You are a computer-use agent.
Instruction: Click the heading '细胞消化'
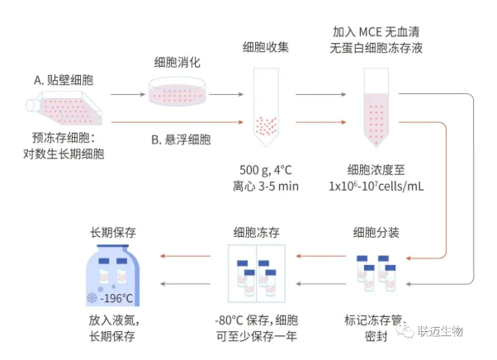177,63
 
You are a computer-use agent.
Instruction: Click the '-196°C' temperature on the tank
117,297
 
